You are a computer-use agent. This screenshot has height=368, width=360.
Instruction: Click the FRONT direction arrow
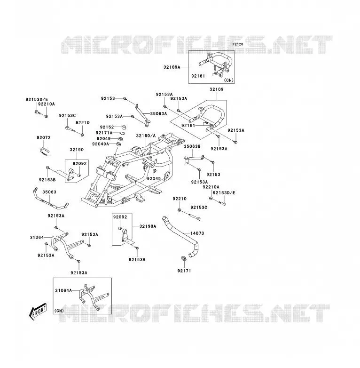(38, 311)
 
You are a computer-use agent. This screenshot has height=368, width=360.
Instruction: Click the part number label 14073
(197, 233)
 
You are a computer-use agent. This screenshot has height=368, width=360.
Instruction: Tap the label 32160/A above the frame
(146, 136)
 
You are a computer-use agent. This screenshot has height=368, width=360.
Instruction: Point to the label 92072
(44, 137)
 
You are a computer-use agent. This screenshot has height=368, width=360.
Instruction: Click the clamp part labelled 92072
(45, 151)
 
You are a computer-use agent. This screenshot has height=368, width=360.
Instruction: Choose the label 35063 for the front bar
(49, 192)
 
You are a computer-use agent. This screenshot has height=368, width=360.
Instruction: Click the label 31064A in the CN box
(63, 290)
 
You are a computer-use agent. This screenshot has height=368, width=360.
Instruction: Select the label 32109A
(172, 67)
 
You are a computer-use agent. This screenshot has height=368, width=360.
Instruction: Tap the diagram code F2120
(238, 44)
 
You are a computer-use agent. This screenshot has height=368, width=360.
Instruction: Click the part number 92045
(154, 178)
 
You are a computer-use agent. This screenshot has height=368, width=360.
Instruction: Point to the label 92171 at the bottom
(184, 271)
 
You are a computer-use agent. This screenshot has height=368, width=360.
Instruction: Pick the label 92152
(107, 127)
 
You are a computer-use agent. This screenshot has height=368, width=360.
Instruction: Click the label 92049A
(101, 144)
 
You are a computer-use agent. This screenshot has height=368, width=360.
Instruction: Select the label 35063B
(192, 146)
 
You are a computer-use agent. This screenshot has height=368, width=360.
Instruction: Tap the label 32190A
(148, 226)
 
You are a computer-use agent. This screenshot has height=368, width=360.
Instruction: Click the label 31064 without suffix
(37, 238)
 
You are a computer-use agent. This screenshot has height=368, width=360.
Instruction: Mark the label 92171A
(104, 133)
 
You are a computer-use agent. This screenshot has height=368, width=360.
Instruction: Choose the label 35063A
(159, 113)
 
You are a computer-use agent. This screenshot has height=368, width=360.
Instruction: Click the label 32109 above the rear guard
(217, 89)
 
